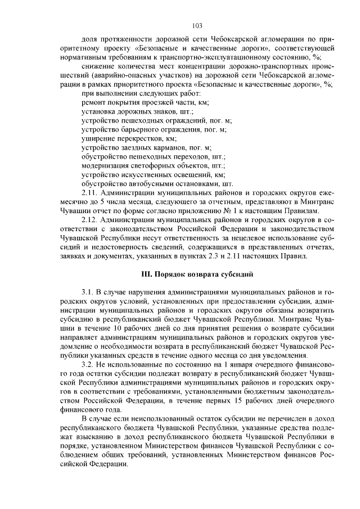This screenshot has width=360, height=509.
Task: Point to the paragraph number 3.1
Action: (x=89, y=293)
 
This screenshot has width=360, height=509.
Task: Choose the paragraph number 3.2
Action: (x=89, y=365)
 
